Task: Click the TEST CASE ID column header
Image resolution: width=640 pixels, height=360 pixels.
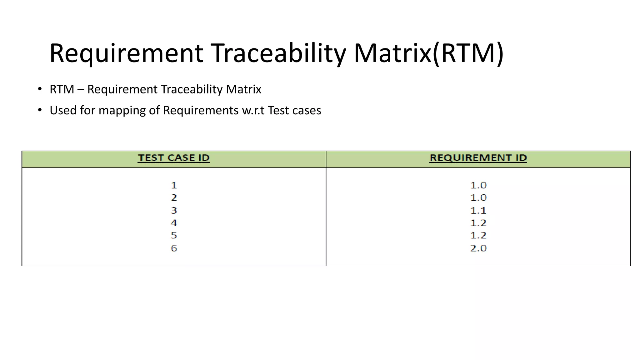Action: click(174, 158)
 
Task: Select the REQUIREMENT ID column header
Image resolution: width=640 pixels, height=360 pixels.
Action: click(478, 158)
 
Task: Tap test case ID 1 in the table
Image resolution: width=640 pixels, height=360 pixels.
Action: click(174, 185)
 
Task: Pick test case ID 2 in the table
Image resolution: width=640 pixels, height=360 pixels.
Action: click(174, 198)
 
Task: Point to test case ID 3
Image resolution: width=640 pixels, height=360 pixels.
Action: click(174, 210)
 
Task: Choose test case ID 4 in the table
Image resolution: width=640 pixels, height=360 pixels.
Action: click(174, 223)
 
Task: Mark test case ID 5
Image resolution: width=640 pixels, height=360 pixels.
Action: click(174, 235)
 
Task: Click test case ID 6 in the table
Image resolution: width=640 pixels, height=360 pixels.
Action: click(174, 248)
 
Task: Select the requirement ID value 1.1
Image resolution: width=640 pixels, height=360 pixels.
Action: click(478, 210)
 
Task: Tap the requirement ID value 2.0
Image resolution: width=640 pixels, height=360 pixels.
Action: click(478, 248)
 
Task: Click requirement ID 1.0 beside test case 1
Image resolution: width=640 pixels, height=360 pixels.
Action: click(478, 185)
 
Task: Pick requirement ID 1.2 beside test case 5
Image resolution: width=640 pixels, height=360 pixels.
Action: click(478, 235)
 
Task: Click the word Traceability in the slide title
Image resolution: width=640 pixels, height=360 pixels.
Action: click(278, 53)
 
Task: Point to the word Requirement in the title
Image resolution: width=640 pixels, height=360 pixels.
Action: click(126, 53)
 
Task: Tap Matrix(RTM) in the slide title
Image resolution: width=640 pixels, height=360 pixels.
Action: click(428, 53)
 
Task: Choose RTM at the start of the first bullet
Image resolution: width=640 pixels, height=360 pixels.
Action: click(62, 89)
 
